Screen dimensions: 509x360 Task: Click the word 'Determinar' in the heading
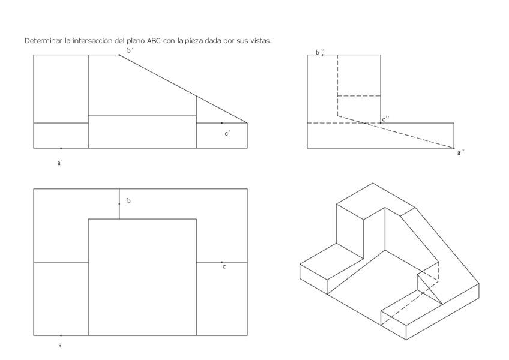43,41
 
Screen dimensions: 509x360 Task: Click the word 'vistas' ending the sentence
261,41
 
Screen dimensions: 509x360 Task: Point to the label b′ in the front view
129,51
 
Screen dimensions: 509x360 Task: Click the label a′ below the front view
60,162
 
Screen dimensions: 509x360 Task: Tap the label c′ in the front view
227,133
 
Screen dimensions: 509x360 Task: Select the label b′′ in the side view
319,52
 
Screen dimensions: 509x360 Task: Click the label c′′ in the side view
386,119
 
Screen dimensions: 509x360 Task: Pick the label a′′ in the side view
461,153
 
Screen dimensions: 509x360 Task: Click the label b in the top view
129,200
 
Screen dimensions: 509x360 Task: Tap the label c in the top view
224,266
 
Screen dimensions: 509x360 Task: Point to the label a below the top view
60,346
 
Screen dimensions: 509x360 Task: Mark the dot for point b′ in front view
119,55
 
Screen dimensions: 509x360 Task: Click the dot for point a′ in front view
61,148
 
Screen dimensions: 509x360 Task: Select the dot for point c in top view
221,262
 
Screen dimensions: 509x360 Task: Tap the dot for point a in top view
61,335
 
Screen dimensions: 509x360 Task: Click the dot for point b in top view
119,204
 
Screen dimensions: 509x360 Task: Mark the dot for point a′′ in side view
454,148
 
